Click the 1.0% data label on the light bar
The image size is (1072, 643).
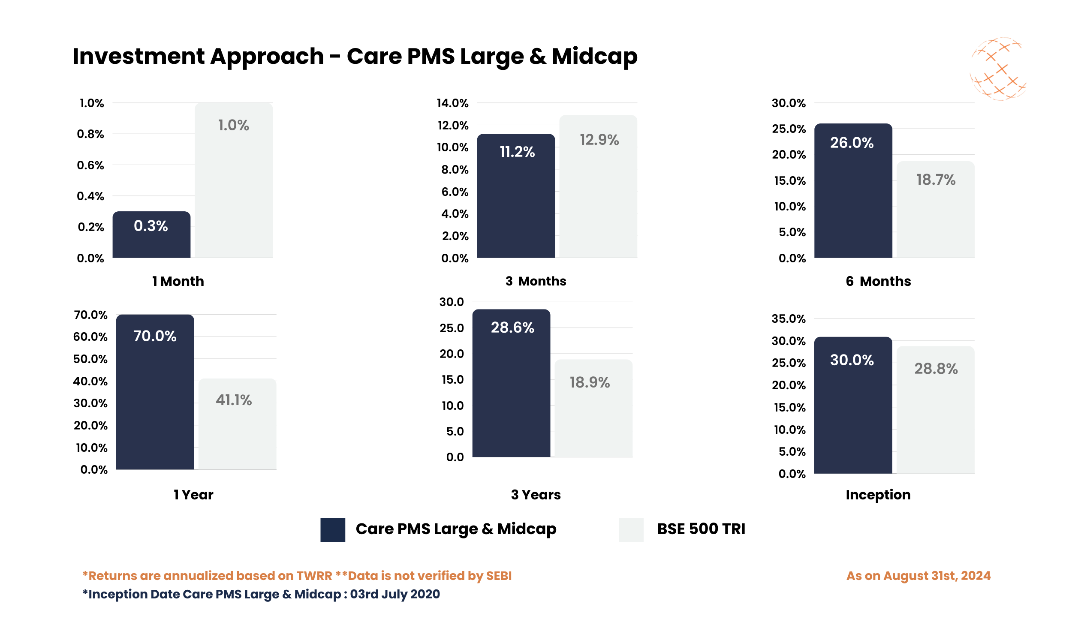[x=233, y=125]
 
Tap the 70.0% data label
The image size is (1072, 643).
[x=155, y=336]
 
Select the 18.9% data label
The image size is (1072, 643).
[x=589, y=382]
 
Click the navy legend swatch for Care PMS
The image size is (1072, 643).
[x=332, y=529]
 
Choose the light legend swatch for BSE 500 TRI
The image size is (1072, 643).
[x=630, y=529]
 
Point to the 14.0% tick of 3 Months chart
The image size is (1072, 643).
[x=452, y=103]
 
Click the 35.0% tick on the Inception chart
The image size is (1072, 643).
[x=788, y=319]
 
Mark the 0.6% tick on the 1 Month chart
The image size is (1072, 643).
[x=90, y=165]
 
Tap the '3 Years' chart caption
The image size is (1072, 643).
[x=536, y=494]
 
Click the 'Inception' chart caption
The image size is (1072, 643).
[x=878, y=494]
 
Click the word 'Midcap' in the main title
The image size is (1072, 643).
[x=594, y=56]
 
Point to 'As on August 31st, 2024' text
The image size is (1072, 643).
[x=918, y=576]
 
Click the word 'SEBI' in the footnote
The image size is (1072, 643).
[x=499, y=576]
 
